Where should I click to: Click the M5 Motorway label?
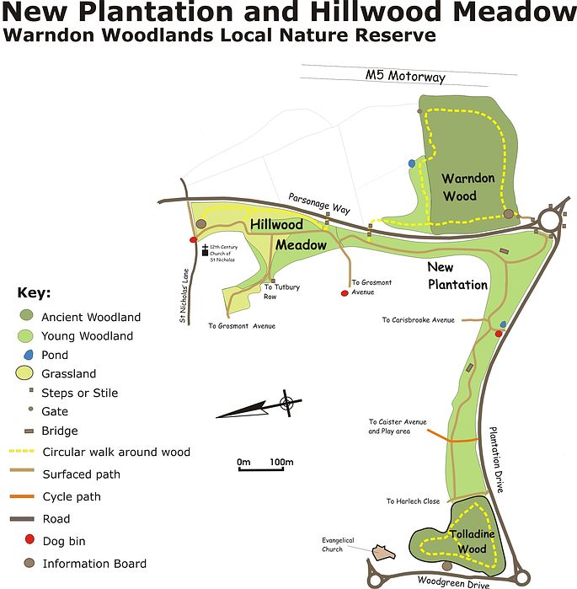pos(404,76)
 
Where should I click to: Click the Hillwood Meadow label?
pos(288,234)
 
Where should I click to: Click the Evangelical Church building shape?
pos(383,552)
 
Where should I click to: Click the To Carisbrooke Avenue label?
pos(418,320)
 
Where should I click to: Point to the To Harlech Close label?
pos(413,501)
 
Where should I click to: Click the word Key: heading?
pos(34,293)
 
